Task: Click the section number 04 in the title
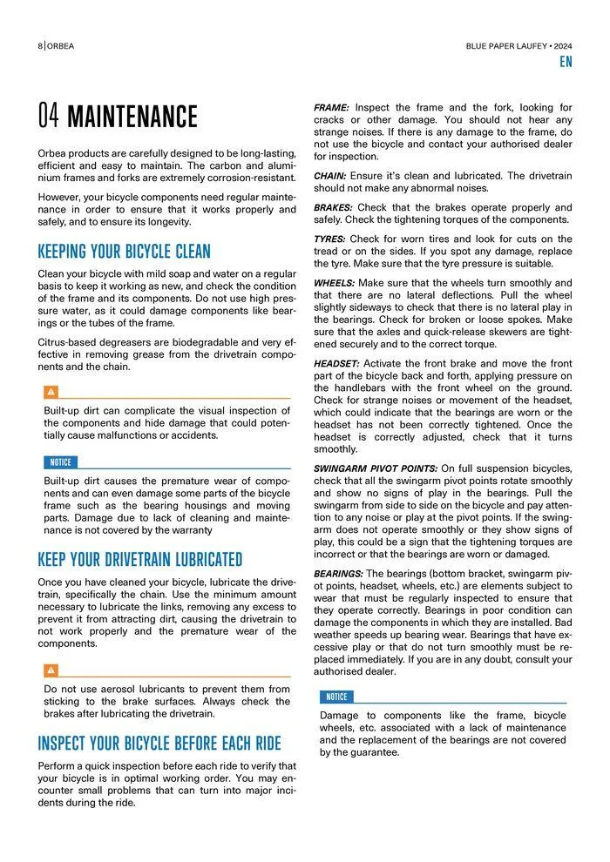[x=49, y=117]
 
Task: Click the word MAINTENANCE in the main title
[x=132, y=117]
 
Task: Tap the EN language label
[x=566, y=62]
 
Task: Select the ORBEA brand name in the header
[x=60, y=45]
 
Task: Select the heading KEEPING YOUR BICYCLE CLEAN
[x=124, y=253]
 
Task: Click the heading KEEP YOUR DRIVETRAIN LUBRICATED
[x=139, y=560]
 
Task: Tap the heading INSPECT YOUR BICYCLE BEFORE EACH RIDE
[x=159, y=744]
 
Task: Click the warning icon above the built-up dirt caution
[x=51, y=392]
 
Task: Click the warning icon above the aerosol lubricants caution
[x=51, y=670]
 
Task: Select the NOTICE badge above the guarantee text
[x=336, y=697]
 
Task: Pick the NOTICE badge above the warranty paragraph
[x=60, y=462]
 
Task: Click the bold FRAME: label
[x=332, y=107]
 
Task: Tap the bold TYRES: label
[x=329, y=239]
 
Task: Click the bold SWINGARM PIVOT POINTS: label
[x=376, y=468]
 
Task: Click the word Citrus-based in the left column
[x=68, y=342]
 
